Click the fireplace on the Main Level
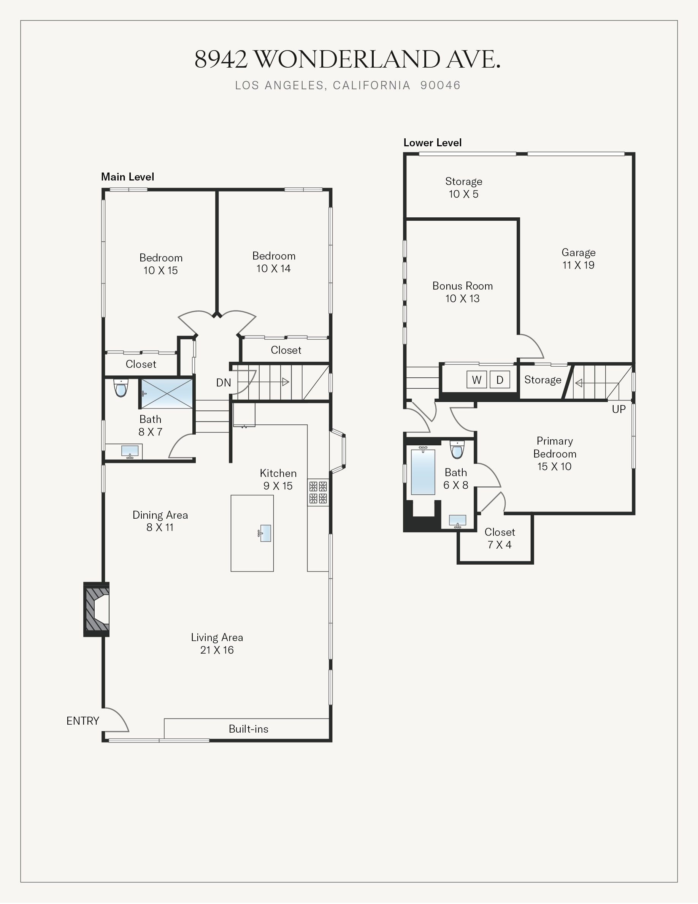tap(97, 609)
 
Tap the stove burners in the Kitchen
tap(318, 492)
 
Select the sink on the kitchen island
tap(265, 533)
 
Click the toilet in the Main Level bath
tap(121, 388)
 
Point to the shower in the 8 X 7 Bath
tap(167, 393)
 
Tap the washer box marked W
tap(476, 380)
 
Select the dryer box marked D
tap(500, 380)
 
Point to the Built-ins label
tap(248, 729)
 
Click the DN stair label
tap(224, 382)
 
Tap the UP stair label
tap(619, 409)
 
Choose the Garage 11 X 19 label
tap(578, 259)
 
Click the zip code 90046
tap(441, 85)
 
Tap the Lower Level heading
tap(433, 143)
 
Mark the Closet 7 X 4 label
tap(500, 538)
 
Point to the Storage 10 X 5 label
tap(464, 187)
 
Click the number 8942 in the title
tap(221, 59)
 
